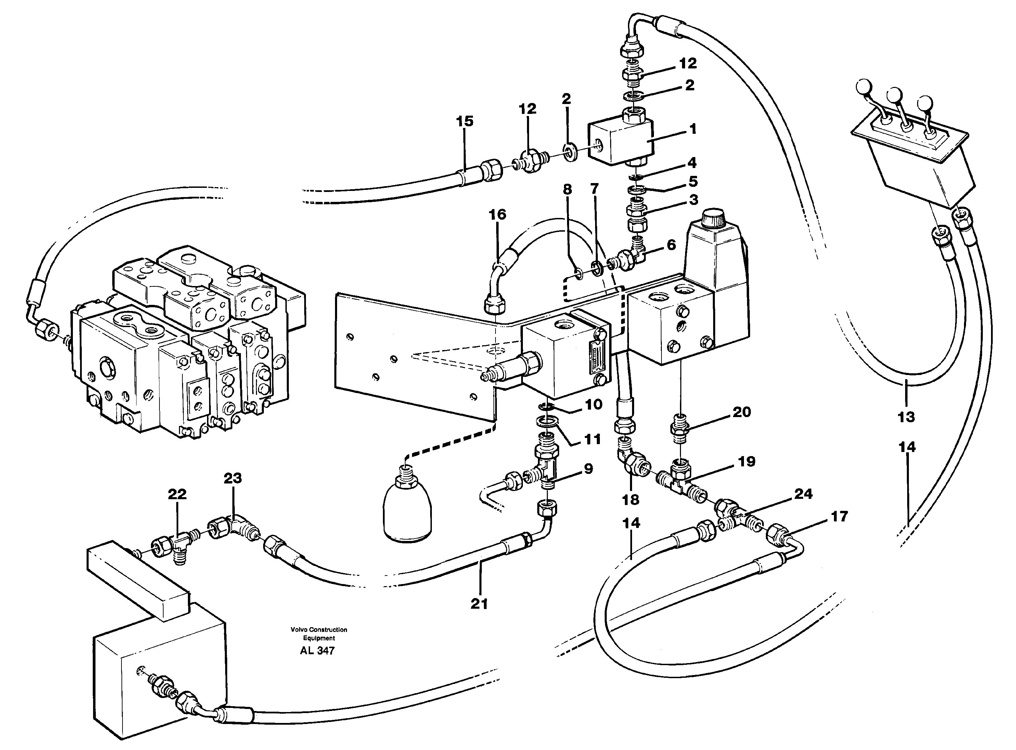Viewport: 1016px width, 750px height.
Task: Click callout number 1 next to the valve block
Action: [692, 129]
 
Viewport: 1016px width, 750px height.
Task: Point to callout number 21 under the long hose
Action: [479, 604]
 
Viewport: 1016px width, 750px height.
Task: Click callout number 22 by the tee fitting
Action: [177, 494]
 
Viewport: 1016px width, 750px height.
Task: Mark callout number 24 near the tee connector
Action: [802, 494]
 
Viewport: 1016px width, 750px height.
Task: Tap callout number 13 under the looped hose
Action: [906, 417]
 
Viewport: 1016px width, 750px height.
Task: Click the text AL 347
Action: [317, 650]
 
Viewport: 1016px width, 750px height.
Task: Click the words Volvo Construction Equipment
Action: [319, 633]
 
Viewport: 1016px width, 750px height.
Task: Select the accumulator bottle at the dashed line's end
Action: [407, 511]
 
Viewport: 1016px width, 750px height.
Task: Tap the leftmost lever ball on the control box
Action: [862, 86]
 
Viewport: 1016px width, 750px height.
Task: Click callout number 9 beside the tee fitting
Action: [588, 468]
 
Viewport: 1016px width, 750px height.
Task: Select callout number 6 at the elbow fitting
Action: [671, 245]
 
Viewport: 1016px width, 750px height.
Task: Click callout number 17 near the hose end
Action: [839, 517]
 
